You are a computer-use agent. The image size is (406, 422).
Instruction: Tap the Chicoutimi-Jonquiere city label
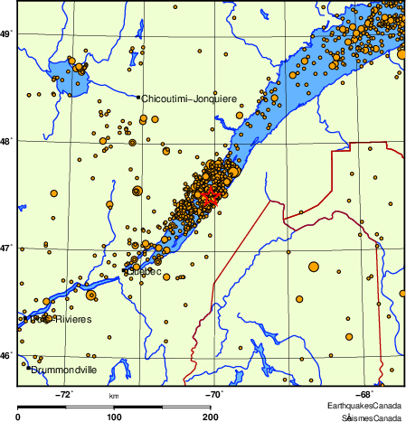pyautogui.click(x=188, y=98)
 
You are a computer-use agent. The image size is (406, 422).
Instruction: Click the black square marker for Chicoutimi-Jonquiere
pyautogui.click(x=137, y=97)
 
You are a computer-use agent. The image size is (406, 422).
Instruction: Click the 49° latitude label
pyautogui.click(x=6, y=34)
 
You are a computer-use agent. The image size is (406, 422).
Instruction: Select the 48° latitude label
pyautogui.click(x=6, y=142)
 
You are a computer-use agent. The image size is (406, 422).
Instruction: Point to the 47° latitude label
pyautogui.click(x=6, y=249)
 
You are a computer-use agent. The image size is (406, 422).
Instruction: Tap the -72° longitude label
pyautogui.click(x=65, y=394)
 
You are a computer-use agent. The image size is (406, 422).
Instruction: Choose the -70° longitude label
pyautogui.click(x=214, y=394)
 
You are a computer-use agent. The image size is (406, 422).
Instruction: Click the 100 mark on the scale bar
pyautogui.click(x=114, y=417)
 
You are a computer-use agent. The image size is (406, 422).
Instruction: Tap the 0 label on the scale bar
pyautogui.click(x=19, y=417)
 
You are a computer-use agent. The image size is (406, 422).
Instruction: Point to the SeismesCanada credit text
pyautogui.click(x=370, y=417)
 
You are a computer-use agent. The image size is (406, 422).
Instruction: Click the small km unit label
pyautogui.click(x=114, y=396)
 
